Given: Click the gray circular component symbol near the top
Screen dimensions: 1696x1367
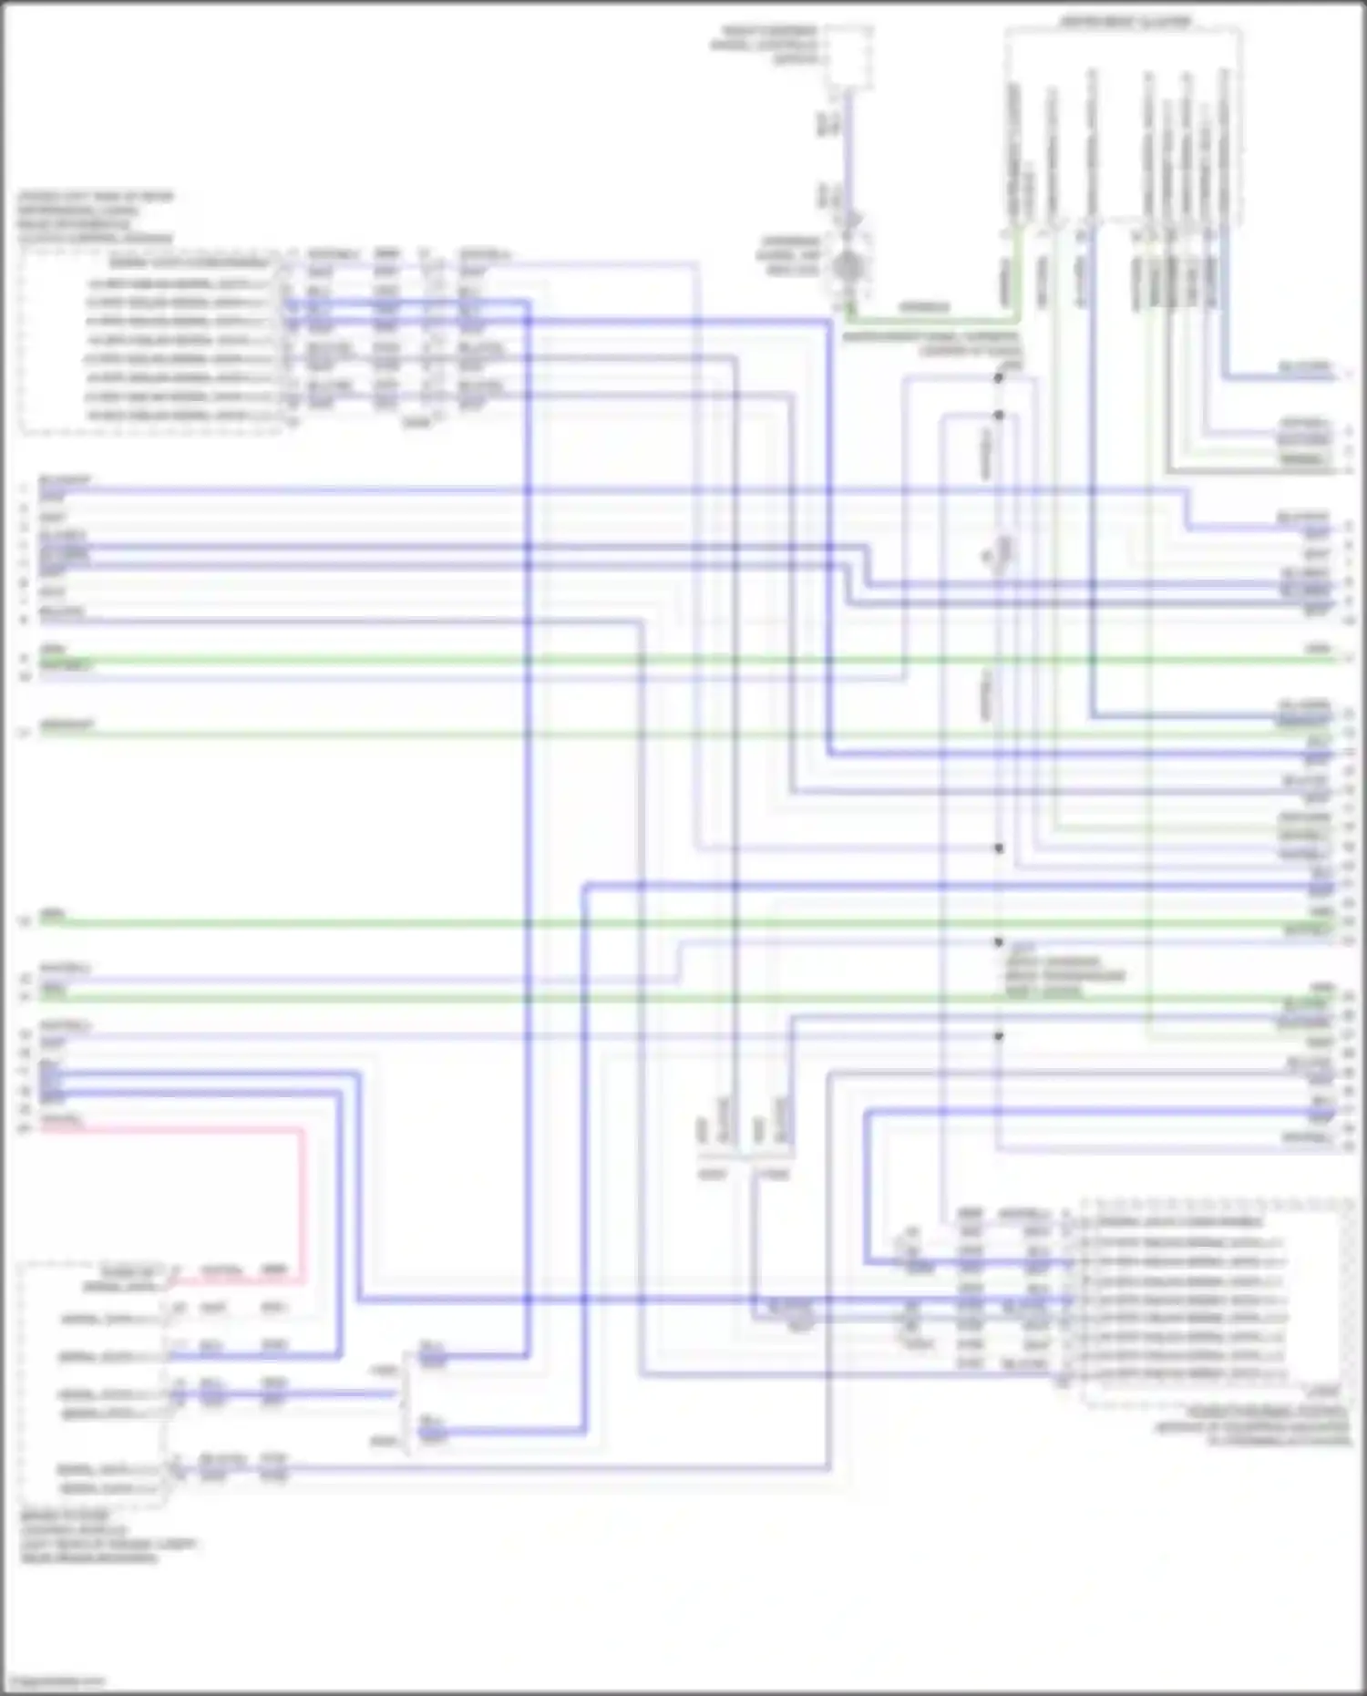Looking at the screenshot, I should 848,267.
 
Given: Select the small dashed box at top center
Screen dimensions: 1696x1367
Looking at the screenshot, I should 848,58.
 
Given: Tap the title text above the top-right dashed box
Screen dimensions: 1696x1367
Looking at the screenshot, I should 1125,21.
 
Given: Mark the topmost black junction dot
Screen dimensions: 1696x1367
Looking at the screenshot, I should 999,376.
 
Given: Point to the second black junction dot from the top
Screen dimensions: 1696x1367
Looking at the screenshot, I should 999,416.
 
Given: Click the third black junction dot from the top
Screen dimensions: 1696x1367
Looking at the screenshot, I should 999,848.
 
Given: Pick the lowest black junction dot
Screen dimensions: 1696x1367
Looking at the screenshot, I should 999,1036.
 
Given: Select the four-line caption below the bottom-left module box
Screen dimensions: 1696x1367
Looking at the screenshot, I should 108,1537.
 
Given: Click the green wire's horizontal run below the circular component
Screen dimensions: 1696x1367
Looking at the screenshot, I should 930,320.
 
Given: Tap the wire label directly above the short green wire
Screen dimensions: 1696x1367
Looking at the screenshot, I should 924,307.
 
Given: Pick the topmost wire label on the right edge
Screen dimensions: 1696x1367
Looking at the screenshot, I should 1305,366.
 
